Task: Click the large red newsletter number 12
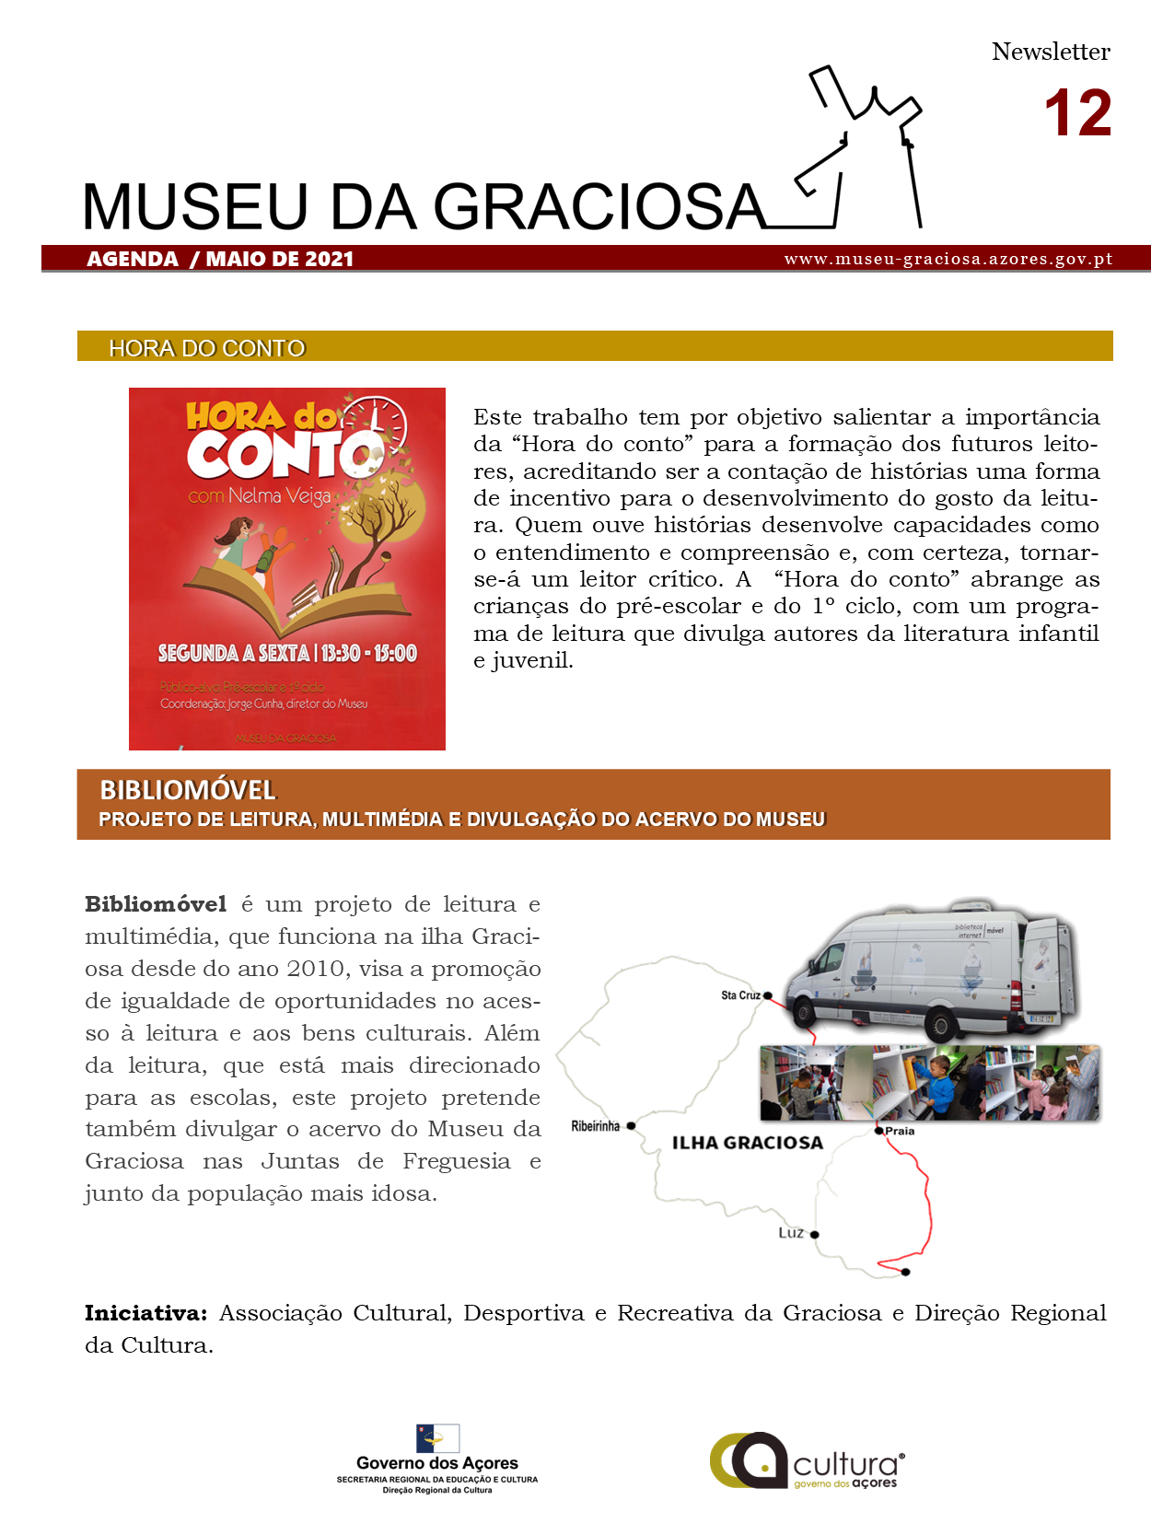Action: point(1077,114)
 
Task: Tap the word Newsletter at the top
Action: point(1051,52)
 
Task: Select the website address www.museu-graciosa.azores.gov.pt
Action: point(948,259)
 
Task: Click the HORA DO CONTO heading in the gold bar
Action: point(206,348)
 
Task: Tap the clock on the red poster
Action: point(380,422)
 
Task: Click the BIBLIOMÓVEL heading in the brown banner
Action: point(188,790)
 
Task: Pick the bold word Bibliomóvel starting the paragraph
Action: point(156,904)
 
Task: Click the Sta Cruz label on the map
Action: point(740,995)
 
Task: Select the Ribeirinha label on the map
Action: point(595,1126)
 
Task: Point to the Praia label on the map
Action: point(900,1131)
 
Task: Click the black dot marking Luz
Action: point(814,1235)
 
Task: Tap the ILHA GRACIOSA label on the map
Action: point(747,1143)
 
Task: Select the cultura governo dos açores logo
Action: point(808,1460)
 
